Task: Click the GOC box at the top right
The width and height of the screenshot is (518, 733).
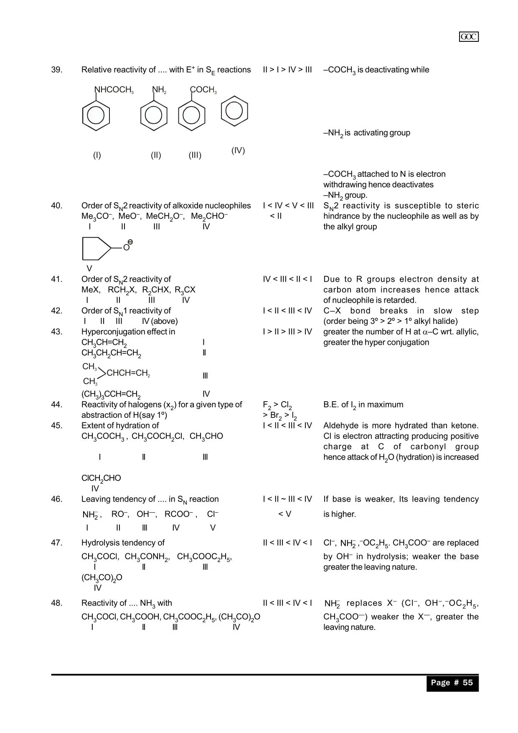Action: coord(469,37)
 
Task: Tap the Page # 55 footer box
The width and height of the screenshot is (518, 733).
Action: coord(452,683)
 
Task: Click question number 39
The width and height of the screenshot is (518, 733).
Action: coord(57,70)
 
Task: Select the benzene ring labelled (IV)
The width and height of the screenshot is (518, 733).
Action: coord(234,111)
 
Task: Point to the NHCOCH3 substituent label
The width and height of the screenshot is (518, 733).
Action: coord(114,90)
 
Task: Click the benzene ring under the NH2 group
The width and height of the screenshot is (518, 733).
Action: coord(154,116)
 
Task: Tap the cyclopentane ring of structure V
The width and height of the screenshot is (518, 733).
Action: coord(96,248)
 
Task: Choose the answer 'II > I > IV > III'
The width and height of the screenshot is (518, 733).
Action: coord(287,70)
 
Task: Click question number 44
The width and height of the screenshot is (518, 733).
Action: coord(57,405)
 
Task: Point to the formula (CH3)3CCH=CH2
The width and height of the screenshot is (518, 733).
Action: coord(111,394)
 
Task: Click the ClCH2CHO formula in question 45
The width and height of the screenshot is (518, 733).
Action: coord(101,478)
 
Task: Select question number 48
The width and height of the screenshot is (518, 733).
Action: coord(57,603)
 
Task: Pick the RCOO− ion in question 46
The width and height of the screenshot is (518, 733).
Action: coord(179,514)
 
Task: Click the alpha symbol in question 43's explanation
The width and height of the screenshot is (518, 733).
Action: coord(425,332)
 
